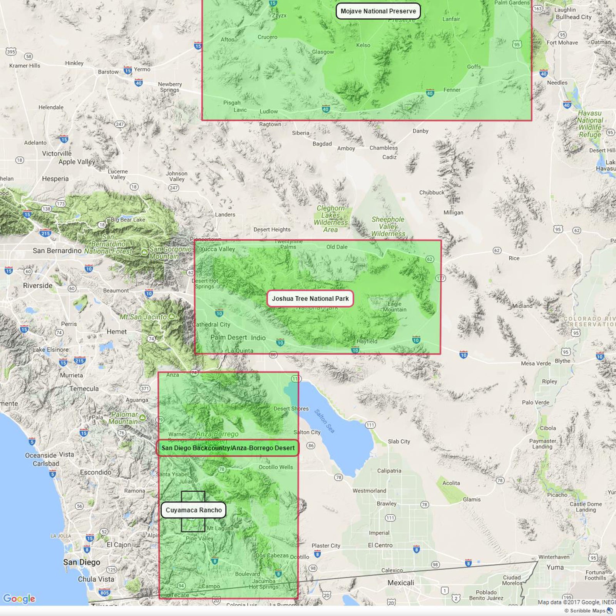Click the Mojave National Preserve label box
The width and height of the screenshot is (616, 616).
(378, 11)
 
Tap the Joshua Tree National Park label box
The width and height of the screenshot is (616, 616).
(310, 299)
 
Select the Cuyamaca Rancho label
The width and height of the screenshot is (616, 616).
(194, 510)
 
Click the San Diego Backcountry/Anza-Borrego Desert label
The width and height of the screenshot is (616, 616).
(228, 448)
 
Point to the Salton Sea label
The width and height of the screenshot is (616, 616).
(324, 421)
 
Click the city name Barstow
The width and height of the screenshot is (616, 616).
(108, 72)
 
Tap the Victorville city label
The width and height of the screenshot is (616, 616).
(57, 154)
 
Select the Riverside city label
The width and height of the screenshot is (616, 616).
(38, 286)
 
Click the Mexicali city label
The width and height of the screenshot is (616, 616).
(401, 583)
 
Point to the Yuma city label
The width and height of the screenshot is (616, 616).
(555, 567)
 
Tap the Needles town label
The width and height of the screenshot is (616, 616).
(557, 83)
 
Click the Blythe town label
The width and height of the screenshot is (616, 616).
(562, 361)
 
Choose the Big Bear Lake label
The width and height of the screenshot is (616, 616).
(128, 220)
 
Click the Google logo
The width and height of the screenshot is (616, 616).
(19, 599)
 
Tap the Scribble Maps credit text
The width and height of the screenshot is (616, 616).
(585, 611)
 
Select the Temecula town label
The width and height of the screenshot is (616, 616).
(84, 389)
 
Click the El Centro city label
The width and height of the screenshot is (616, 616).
(380, 545)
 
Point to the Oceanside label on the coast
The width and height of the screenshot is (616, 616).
(41, 455)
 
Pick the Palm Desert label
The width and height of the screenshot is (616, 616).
(229, 338)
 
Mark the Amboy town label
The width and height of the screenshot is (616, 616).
(346, 149)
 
